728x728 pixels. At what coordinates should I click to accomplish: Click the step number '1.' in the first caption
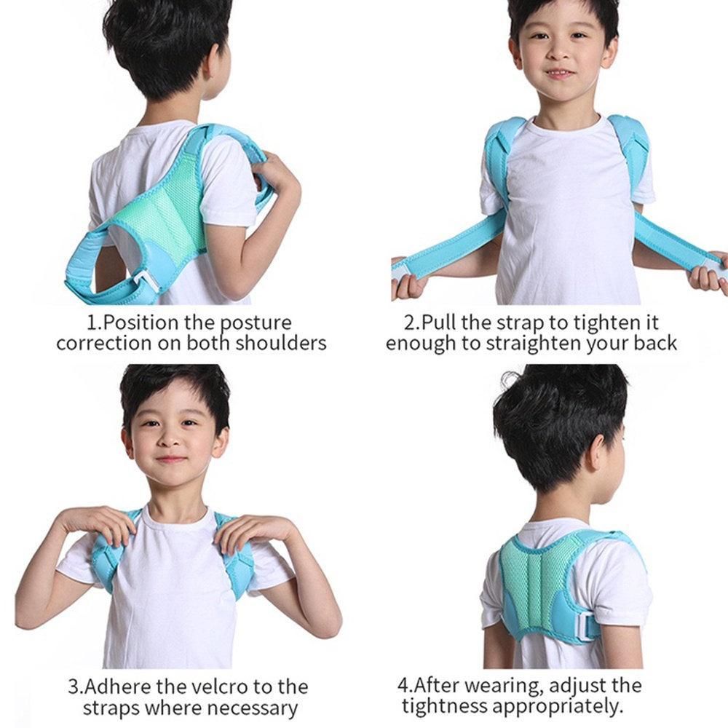[94, 323]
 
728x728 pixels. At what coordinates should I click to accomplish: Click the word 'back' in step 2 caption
[656, 343]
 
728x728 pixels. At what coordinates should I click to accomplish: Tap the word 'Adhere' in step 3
[117, 687]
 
